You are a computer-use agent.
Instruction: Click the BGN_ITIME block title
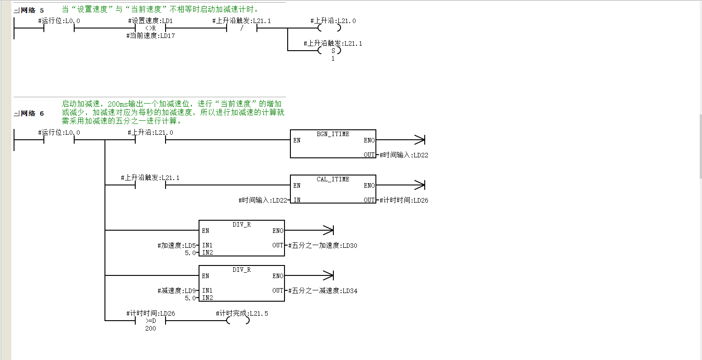tap(333, 134)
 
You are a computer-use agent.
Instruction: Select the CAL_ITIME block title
tap(333, 179)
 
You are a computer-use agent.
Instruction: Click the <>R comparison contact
tap(151, 28)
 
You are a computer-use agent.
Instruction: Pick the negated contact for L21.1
tap(242, 28)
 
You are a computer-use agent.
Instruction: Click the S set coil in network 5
tap(329, 51)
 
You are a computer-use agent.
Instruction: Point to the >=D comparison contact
tap(151, 321)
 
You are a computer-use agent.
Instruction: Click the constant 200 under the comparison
tap(151, 328)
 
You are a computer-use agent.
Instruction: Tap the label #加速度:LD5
tap(177, 245)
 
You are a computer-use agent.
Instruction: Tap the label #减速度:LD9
tap(177, 291)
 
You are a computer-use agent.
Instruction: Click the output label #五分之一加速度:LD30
tap(323, 246)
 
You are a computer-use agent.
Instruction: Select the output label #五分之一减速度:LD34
tap(323, 291)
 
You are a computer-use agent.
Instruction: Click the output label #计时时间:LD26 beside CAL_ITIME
tap(404, 200)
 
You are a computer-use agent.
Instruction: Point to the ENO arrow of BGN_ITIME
tap(400, 140)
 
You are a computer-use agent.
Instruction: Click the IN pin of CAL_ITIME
tap(297, 200)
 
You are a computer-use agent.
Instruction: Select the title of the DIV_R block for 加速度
tap(242, 224)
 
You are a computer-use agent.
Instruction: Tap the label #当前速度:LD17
tap(151, 36)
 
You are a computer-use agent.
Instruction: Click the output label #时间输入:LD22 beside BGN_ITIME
tap(404, 155)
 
